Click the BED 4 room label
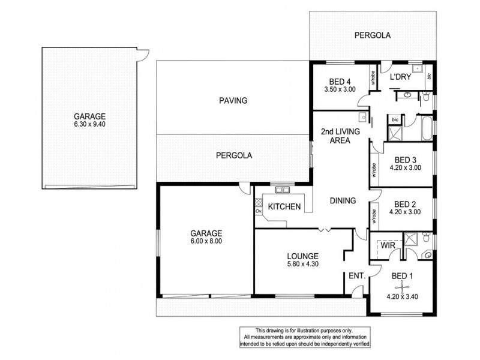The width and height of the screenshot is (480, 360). pos(340,82)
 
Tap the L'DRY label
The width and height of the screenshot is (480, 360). pos(400,78)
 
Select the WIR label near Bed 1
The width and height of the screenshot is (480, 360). pos(387,245)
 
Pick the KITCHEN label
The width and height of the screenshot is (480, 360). pos(284,207)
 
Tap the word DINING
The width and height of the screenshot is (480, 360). pos(343,201)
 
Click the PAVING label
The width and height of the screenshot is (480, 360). pos(233,101)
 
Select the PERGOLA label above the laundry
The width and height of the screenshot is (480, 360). pos(372,35)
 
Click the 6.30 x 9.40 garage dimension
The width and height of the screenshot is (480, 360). pos(90,124)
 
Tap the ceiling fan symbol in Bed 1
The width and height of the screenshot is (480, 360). pos(400,286)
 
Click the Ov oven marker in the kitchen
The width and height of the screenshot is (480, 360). pos(259,212)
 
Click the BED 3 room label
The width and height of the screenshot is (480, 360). pos(406,160)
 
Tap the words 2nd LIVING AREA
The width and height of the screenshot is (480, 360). pos(336,135)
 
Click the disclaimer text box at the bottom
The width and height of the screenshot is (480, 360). pos(305,338)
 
